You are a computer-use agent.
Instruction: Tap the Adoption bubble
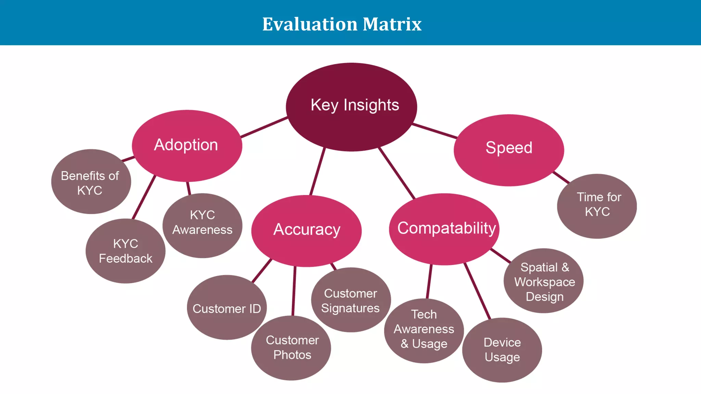click(187, 146)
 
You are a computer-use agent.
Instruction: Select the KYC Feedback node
click(125, 251)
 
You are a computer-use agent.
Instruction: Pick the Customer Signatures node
click(350, 300)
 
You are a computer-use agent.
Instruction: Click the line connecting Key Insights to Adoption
click(264, 127)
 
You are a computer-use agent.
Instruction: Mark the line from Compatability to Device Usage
click(477, 291)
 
